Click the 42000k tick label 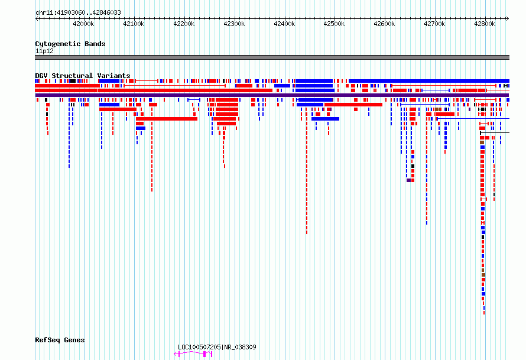point(83,24)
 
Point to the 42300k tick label point(234,24)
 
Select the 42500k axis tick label point(334,24)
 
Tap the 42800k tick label point(485,24)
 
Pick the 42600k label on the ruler point(384,24)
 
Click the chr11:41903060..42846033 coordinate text point(78,13)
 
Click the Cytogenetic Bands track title point(70,44)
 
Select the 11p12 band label point(44,51)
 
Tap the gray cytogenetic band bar point(272,57)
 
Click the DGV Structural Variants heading point(83,76)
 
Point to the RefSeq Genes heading point(60,340)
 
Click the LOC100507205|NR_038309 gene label point(217,347)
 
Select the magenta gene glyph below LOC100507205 point(193,353)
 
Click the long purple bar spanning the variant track point(272,95)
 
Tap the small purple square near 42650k point(408,180)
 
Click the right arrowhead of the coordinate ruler point(508,18)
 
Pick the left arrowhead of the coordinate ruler point(37,18)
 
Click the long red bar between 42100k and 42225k point(167,119)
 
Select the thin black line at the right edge point(495,133)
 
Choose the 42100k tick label point(134,24)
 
